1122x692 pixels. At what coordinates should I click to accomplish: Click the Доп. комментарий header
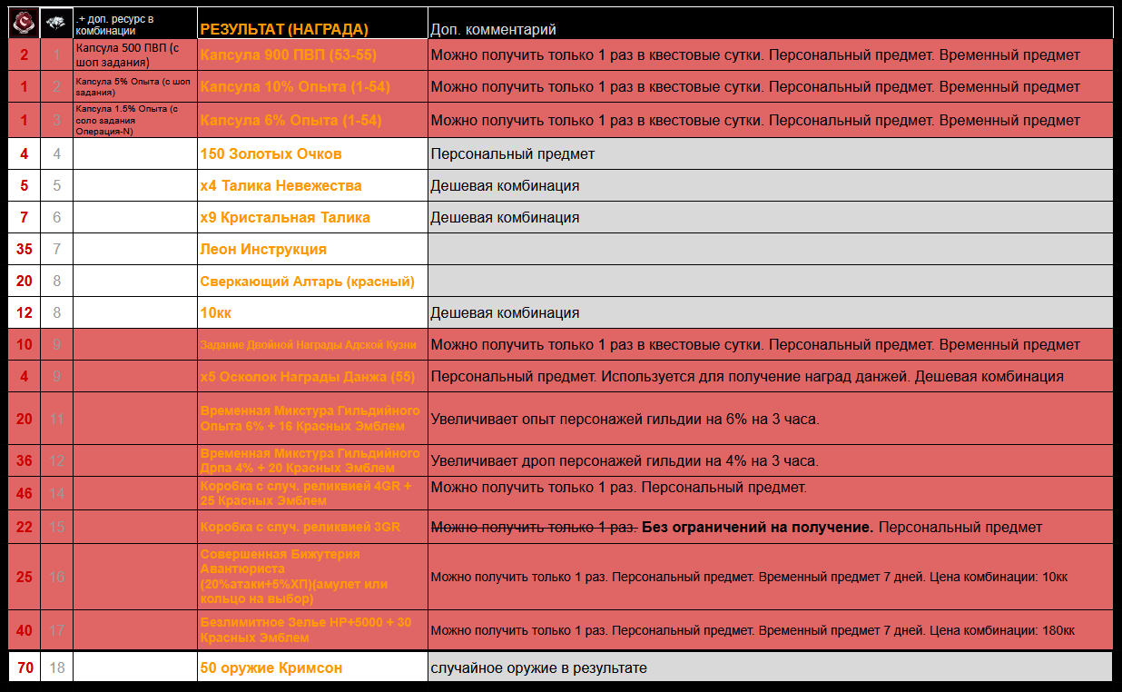[493, 30]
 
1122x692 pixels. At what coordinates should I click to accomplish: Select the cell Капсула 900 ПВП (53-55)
[288, 55]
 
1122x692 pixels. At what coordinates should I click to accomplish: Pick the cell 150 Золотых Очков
[271, 154]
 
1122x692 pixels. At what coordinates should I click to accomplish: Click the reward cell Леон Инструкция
[263, 250]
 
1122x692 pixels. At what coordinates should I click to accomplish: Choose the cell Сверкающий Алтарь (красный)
[307, 282]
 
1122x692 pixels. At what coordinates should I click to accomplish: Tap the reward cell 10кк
[216, 313]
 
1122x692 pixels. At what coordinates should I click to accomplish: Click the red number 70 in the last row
[25, 668]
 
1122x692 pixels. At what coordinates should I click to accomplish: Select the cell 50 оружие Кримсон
[271, 668]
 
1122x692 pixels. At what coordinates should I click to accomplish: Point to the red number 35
[25, 250]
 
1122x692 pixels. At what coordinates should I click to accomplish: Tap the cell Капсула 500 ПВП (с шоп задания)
[133, 55]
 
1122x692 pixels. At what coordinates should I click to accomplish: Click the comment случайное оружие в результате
[538, 668]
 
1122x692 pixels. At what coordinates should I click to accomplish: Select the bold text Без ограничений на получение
[757, 528]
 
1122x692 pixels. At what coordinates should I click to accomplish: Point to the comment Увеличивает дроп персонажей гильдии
[624, 461]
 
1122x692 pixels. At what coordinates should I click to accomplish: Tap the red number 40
[25, 630]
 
